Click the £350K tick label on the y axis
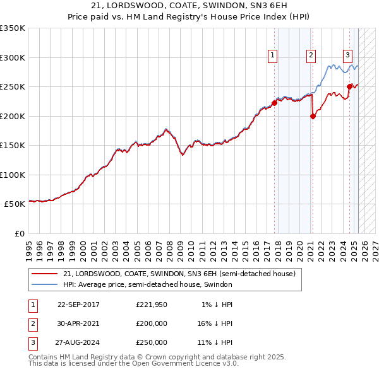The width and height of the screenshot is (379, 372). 13,28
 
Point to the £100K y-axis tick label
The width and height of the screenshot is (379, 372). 13,175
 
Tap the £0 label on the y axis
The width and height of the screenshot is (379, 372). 19,233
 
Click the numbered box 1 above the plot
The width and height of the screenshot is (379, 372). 272,55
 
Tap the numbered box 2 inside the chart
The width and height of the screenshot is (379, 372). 311,55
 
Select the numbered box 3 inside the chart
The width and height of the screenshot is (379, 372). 347,55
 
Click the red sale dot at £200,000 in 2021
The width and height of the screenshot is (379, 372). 313,116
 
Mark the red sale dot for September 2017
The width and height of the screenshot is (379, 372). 274,103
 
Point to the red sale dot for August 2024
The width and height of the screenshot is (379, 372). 349,86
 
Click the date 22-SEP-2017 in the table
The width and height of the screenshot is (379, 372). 78,305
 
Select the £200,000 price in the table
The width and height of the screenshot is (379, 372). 152,323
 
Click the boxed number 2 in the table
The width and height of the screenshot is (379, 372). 32,323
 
